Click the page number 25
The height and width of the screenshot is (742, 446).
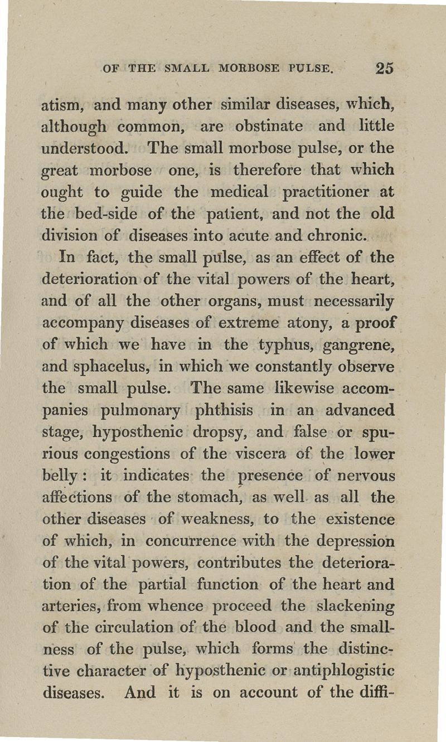click(x=385, y=68)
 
